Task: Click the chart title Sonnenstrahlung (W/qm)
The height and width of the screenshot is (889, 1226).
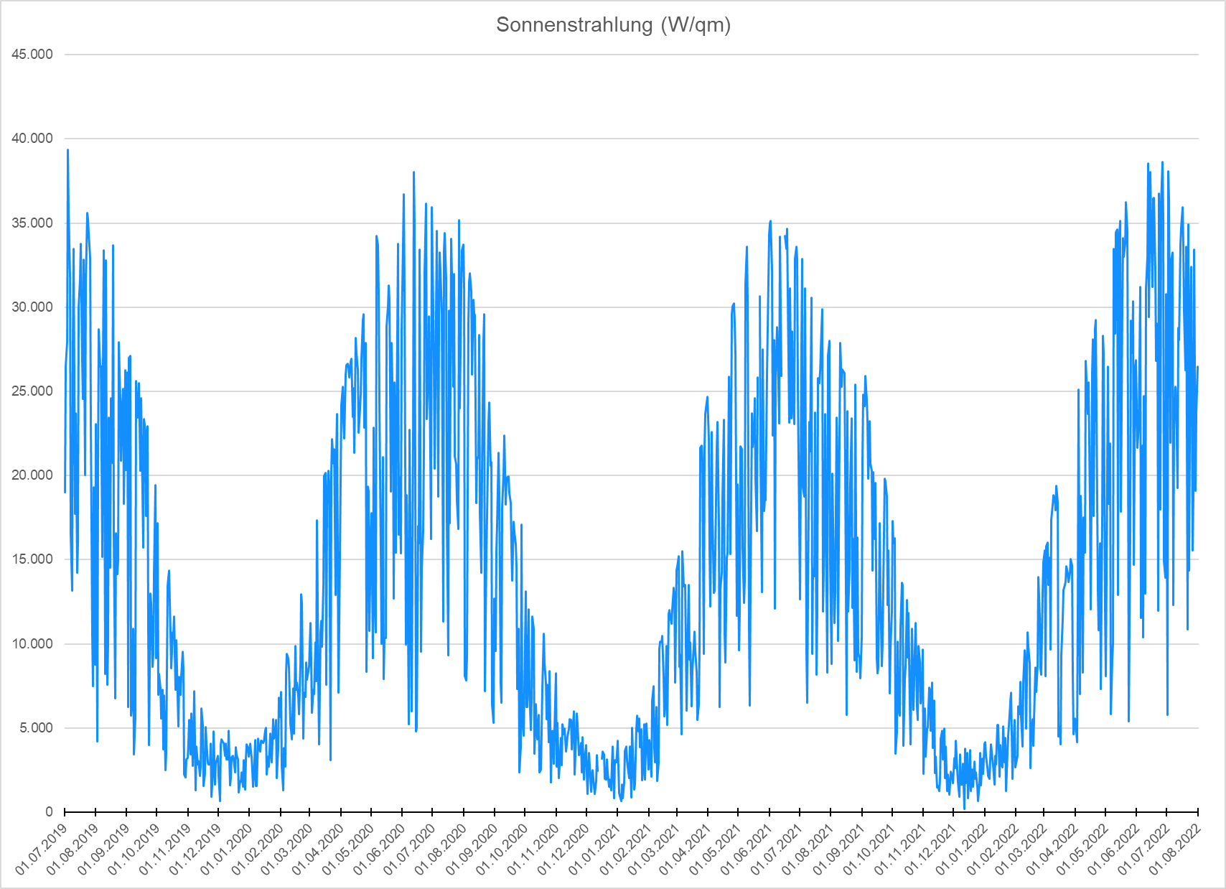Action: point(613,25)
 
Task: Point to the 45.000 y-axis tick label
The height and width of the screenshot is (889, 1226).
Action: point(32,55)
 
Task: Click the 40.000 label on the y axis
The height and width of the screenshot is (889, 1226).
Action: point(32,139)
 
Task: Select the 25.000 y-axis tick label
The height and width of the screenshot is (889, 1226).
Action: point(32,391)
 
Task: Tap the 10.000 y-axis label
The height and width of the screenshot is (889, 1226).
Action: point(32,643)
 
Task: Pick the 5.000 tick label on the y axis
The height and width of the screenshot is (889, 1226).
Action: point(35,728)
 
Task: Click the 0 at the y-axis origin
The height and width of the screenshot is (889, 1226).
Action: point(49,812)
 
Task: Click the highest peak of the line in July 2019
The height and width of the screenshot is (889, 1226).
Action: point(67,150)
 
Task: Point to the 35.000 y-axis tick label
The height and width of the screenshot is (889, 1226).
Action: point(32,223)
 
